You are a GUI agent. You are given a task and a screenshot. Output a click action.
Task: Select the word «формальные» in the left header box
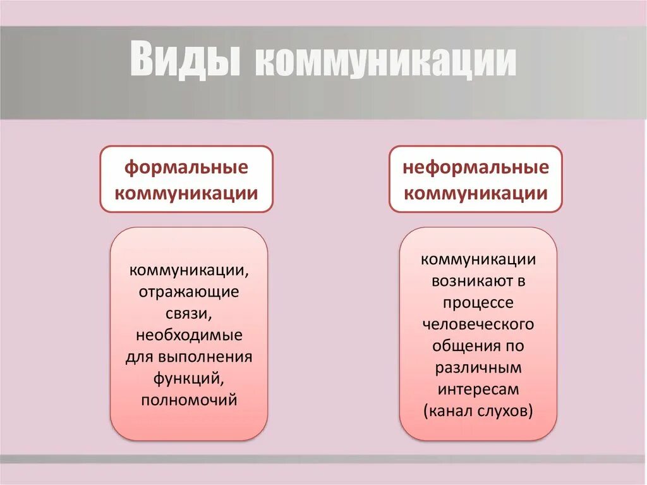186,168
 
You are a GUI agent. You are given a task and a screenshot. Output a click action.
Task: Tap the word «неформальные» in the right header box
476,168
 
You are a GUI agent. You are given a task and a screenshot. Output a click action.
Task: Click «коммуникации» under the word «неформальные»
476,193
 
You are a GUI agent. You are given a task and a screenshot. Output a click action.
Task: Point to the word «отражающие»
189,292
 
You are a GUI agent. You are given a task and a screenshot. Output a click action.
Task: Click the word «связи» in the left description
189,314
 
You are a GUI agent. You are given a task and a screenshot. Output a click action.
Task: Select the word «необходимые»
189,335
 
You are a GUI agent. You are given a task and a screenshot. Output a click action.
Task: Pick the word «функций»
189,378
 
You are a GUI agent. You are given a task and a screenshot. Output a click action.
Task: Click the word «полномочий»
189,400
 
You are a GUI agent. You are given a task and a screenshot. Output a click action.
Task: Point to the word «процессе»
478,303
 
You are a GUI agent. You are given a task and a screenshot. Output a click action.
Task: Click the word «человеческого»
478,324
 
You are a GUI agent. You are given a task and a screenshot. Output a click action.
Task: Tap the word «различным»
478,367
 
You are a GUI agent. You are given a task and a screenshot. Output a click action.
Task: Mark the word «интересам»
478,389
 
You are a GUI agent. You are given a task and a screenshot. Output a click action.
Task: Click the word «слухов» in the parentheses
505,411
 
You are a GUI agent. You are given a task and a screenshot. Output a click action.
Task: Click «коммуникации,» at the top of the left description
189,271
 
